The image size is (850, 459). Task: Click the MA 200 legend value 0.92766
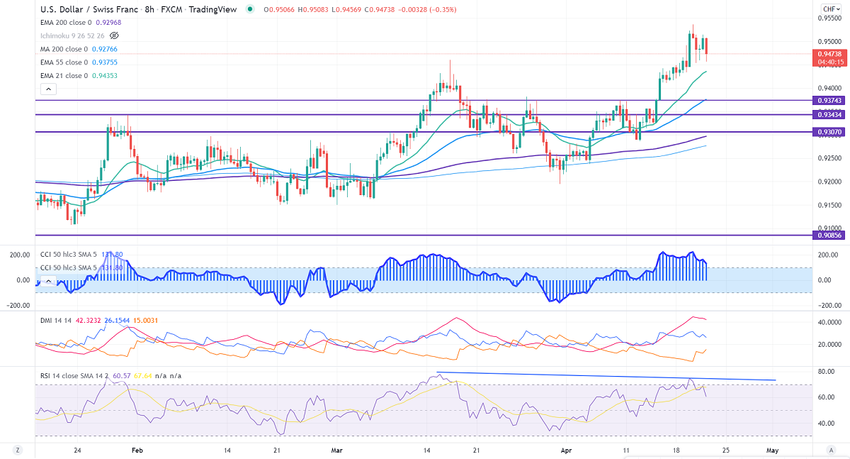(x=103, y=49)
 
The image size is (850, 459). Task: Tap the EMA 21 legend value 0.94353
(x=102, y=75)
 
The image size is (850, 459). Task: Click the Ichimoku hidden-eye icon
(x=114, y=35)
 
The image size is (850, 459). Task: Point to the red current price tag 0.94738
(x=829, y=54)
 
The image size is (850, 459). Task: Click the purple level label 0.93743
(x=829, y=100)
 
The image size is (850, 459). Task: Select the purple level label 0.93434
(x=829, y=114)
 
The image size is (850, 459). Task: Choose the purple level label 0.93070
(x=829, y=132)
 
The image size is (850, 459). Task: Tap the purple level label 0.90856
(x=829, y=235)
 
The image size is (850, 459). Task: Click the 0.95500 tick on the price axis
(x=829, y=18)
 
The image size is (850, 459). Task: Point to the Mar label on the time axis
(x=336, y=450)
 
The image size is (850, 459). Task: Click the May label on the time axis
(x=773, y=450)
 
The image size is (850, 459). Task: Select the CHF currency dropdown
(x=829, y=9)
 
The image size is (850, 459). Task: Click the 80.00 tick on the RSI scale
(x=826, y=372)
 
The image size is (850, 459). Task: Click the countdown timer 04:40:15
(x=829, y=62)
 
